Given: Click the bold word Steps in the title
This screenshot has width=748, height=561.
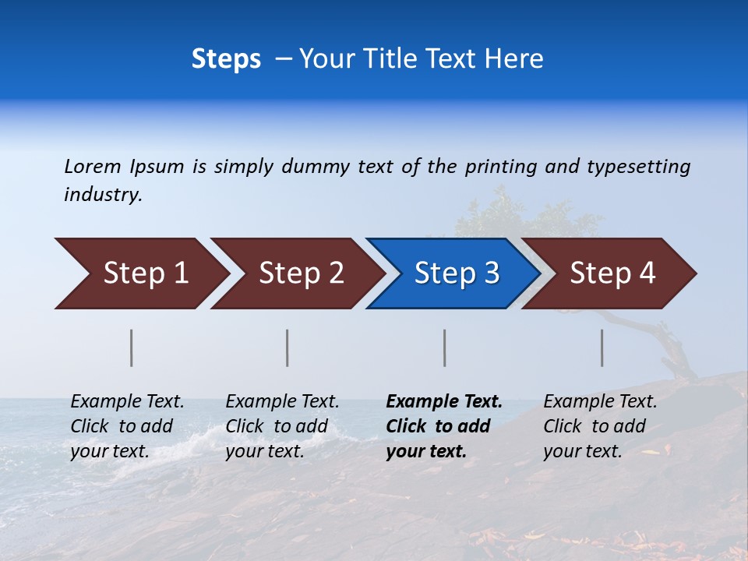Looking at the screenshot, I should pyautogui.click(x=226, y=59).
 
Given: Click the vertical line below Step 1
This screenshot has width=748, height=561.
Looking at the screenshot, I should pyautogui.click(x=132, y=348).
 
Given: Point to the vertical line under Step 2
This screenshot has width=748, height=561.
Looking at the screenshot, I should pyautogui.click(x=288, y=348).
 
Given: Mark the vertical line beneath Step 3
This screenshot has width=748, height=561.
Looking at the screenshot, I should pyautogui.click(x=445, y=348).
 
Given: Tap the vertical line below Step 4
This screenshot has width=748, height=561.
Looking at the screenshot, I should pyautogui.click(x=602, y=348).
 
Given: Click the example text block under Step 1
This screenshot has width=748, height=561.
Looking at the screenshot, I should pyautogui.click(x=127, y=426).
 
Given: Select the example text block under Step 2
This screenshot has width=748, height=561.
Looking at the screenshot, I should pyautogui.click(x=282, y=426).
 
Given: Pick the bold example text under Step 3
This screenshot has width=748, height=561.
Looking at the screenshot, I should pyautogui.click(x=443, y=426).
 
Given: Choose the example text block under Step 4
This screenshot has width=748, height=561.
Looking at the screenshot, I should pyautogui.click(x=600, y=426).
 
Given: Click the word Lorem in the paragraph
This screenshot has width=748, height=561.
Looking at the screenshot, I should pyautogui.click(x=92, y=167).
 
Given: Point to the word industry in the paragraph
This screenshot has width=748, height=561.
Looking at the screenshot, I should pyautogui.click(x=102, y=195).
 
